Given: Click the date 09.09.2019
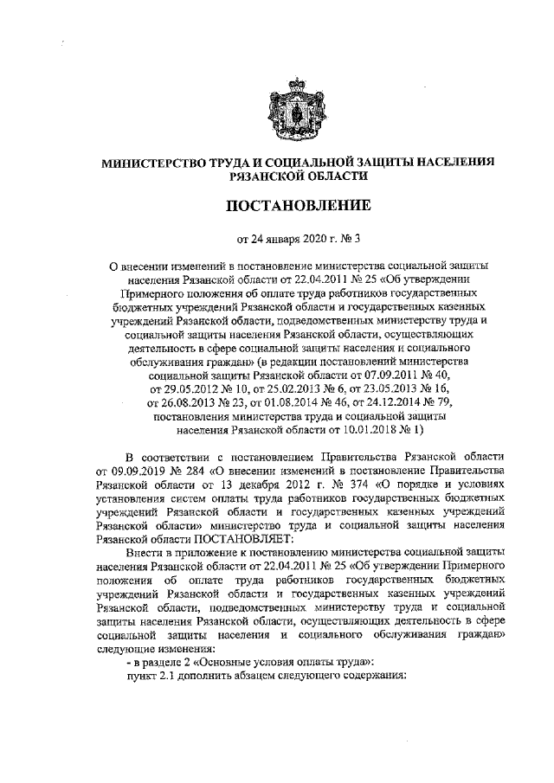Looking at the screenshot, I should tap(123, 470).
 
